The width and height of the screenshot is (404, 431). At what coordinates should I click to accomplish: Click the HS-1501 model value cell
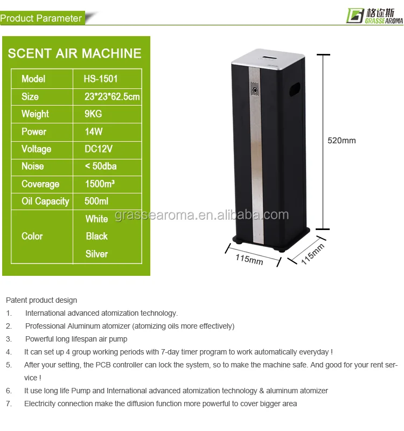(x=101, y=79)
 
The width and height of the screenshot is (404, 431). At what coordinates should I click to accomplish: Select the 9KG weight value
(x=93, y=114)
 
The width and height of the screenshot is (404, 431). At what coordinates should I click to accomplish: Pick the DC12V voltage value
(x=99, y=149)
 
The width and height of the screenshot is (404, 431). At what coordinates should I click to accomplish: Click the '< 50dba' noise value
(x=102, y=166)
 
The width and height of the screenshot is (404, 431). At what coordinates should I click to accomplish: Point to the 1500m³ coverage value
(x=100, y=184)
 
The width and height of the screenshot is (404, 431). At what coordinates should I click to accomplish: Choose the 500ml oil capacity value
(x=96, y=201)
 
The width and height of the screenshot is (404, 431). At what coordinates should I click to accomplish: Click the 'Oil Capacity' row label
(x=45, y=201)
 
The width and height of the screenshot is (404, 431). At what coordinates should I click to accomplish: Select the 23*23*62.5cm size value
(x=112, y=96)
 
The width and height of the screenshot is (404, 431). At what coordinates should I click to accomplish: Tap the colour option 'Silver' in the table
(x=96, y=254)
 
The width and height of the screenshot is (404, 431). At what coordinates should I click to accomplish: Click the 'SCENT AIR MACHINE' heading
(x=75, y=53)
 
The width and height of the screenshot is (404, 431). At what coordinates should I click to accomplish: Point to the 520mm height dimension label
(x=342, y=141)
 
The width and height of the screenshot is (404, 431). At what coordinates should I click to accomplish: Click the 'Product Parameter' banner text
(x=41, y=18)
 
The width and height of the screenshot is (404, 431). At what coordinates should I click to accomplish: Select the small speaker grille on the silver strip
(x=254, y=88)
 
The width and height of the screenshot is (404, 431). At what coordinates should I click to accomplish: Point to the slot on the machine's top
(x=268, y=55)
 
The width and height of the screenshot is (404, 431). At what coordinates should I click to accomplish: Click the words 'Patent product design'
(x=41, y=300)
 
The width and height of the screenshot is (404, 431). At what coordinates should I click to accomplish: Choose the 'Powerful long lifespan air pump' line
(x=76, y=339)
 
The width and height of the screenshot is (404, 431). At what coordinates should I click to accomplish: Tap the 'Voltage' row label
(x=36, y=149)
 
